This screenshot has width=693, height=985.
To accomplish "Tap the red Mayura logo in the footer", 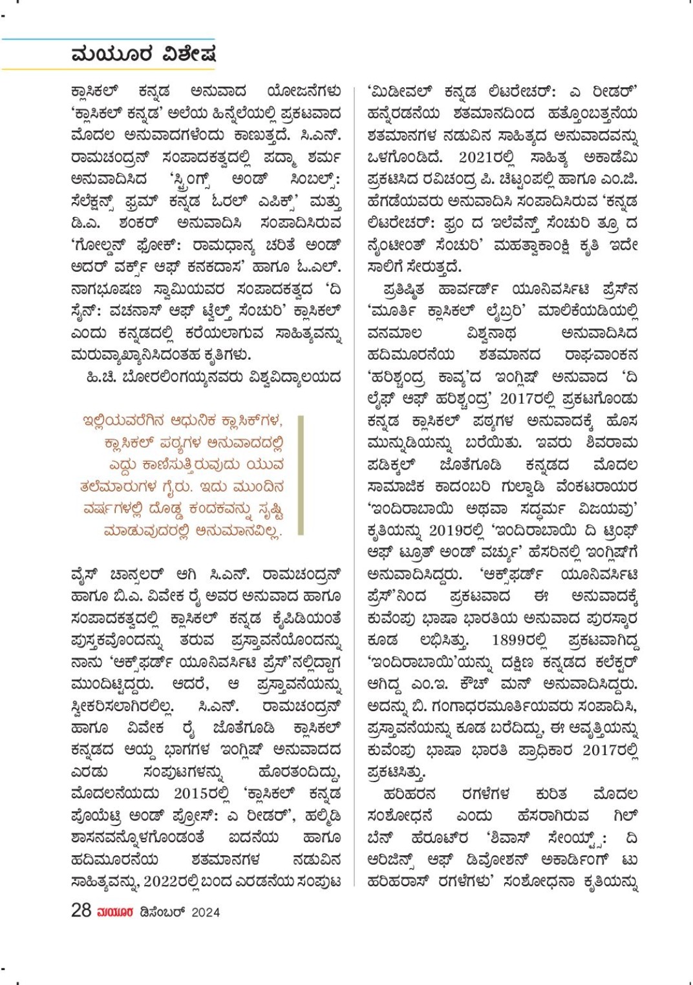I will pos(115,912).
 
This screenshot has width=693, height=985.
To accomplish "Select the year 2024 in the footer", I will pos(206,912).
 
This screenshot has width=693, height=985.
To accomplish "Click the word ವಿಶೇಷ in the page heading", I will pos(189,54).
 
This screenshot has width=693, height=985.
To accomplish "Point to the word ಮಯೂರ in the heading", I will pos(112,54).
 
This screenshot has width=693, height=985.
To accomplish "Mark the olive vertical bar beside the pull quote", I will pos(301,475).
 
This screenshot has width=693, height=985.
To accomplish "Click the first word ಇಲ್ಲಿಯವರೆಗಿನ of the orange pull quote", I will pos(122,421).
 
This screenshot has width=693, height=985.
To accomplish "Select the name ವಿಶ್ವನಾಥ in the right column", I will pos(491,333).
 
